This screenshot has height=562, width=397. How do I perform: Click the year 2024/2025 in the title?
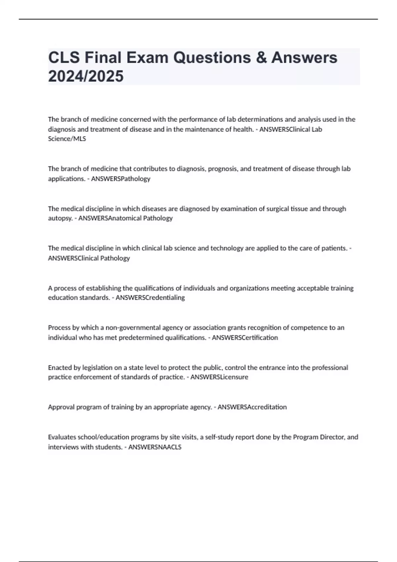click(x=86, y=76)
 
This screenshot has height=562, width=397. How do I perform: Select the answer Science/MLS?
click(x=67, y=139)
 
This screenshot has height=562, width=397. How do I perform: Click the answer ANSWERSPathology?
click(x=120, y=179)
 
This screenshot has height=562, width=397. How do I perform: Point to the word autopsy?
click(x=60, y=218)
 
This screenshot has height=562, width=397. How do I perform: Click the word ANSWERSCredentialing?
click(x=150, y=298)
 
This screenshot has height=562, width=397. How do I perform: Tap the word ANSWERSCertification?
click(x=245, y=338)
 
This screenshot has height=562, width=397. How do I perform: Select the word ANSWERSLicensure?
click(x=219, y=377)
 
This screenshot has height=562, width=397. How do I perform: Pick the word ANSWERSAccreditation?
click(x=252, y=407)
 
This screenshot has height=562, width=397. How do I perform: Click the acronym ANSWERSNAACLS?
click(x=155, y=447)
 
